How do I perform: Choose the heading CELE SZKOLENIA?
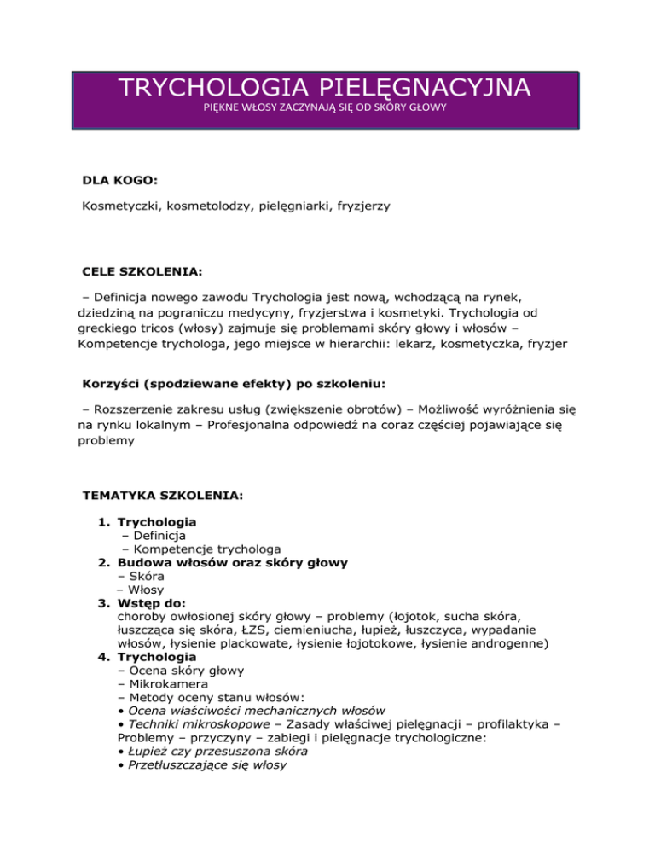tap(142, 272)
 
